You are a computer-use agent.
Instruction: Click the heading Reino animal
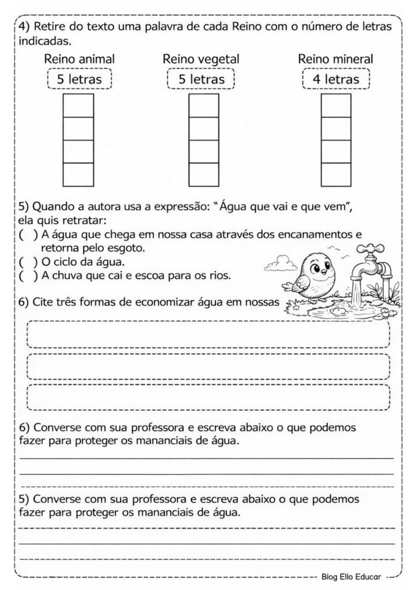79,59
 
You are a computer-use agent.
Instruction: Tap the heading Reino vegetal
201,59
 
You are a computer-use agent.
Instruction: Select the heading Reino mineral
335,59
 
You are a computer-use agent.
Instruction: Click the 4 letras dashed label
335,79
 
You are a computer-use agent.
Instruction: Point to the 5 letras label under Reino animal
79,79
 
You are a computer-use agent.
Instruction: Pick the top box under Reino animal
78,105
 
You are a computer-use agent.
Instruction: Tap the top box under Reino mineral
336,105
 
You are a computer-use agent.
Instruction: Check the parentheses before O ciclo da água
26,263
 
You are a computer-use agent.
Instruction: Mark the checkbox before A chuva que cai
26,275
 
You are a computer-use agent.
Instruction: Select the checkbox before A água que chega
26,235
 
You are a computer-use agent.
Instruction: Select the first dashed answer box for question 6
208,334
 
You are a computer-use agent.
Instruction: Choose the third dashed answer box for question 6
208,397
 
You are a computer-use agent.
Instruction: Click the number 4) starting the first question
24,27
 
